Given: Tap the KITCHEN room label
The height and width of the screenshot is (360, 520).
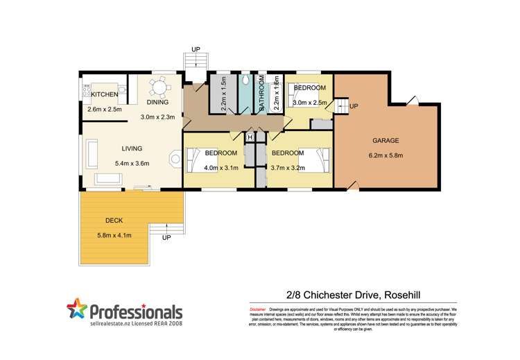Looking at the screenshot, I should pos(104,94).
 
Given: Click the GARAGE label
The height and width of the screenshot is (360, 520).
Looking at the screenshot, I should pos(383,140).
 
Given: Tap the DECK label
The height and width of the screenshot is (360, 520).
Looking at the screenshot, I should pos(114,221).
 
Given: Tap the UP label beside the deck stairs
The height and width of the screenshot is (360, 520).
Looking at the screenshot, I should pos(166,238).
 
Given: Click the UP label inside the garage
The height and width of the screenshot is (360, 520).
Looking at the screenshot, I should pos(354,107).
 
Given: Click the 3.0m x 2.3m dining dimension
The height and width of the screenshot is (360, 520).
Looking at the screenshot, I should pos(159,117).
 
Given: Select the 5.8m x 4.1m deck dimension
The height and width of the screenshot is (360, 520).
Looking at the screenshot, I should pos(114,235).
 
